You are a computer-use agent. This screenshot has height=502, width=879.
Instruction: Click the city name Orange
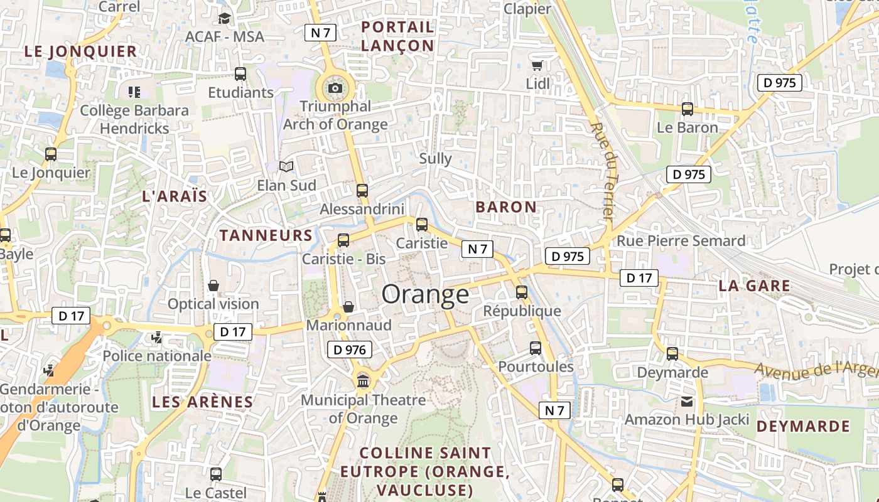click(425, 294)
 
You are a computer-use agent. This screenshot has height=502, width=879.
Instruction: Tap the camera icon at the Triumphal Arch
click(335, 88)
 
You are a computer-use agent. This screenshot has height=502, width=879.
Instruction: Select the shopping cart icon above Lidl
click(537, 65)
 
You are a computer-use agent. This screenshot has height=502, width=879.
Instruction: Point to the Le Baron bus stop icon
click(687, 109)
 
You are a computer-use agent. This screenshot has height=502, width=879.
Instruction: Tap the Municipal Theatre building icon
click(363, 381)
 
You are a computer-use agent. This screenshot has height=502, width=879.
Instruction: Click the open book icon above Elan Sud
click(286, 167)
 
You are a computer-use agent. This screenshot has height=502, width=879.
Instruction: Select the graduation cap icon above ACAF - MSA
click(224, 18)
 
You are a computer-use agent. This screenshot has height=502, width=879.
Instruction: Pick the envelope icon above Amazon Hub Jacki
click(687, 401)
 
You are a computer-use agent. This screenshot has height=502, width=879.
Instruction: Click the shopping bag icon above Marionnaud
click(348, 306)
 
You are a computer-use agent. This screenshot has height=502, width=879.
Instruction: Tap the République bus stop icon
click(522, 292)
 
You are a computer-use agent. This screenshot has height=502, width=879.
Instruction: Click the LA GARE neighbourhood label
click(754, 286)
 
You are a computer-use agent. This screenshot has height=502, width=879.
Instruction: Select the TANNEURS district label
click(266, 235)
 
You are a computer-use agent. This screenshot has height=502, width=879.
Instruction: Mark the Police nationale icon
click(157, 338)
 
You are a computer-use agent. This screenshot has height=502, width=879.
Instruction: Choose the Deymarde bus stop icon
click(672, 354)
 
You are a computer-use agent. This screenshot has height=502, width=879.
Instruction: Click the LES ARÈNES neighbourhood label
click(203, 402)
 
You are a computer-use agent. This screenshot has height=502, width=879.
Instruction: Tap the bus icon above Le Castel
click(216, 474)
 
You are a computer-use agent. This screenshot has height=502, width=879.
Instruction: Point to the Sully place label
click(435, 158)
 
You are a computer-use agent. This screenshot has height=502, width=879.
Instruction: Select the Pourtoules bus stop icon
click(536, 348)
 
